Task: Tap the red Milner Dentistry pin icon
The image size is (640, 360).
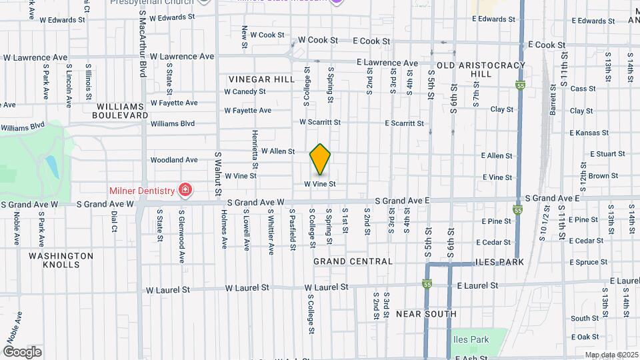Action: click(x=185, y=191)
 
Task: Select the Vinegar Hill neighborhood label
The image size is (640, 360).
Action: click(x=261, y=79)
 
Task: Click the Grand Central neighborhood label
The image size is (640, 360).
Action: click(x=353, y=261)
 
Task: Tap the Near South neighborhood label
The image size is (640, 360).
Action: click(x=426, y=313)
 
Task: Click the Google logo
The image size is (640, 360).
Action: click(x=22, y=352)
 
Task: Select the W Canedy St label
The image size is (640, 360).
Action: click(x=245, y=91)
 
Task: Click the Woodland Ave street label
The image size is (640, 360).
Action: click(x=174, y=160)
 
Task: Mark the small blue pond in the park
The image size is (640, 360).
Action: click(x=51, y=165)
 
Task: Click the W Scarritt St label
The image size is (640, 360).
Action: click(x=319, y=123)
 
